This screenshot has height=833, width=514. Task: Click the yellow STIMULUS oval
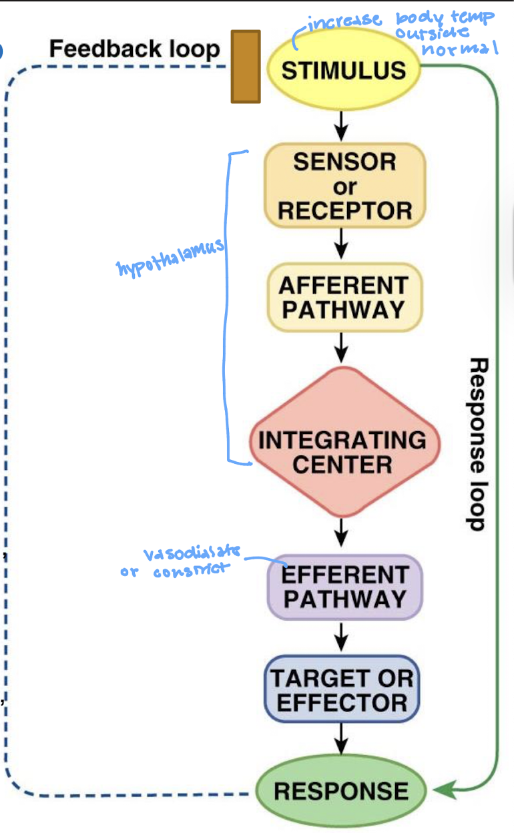point(344,69)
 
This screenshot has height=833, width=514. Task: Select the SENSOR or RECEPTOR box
point(344,185)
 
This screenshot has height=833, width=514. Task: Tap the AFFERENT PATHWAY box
point(344,297)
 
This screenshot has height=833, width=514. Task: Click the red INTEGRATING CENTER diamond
point(344,442)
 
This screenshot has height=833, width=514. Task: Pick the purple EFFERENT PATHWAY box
point(344,587)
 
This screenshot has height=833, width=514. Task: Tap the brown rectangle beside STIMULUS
point(246,67)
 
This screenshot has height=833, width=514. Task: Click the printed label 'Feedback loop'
point(135,49)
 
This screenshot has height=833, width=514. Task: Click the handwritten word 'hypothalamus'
point(170,258)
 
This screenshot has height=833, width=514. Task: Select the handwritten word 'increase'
point(344,21)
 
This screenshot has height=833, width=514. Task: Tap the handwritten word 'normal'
point(460,48)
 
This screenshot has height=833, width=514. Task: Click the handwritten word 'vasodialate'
point(192,553)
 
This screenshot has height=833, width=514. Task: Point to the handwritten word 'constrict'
point(192,570)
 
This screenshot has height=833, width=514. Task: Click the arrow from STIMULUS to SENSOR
point(341,126)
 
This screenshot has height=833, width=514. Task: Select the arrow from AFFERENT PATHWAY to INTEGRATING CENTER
point(341,347)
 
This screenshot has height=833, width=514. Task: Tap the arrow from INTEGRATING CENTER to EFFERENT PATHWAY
point(341,533)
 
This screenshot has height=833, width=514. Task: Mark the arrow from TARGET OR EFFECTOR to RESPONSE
point(341,739)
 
